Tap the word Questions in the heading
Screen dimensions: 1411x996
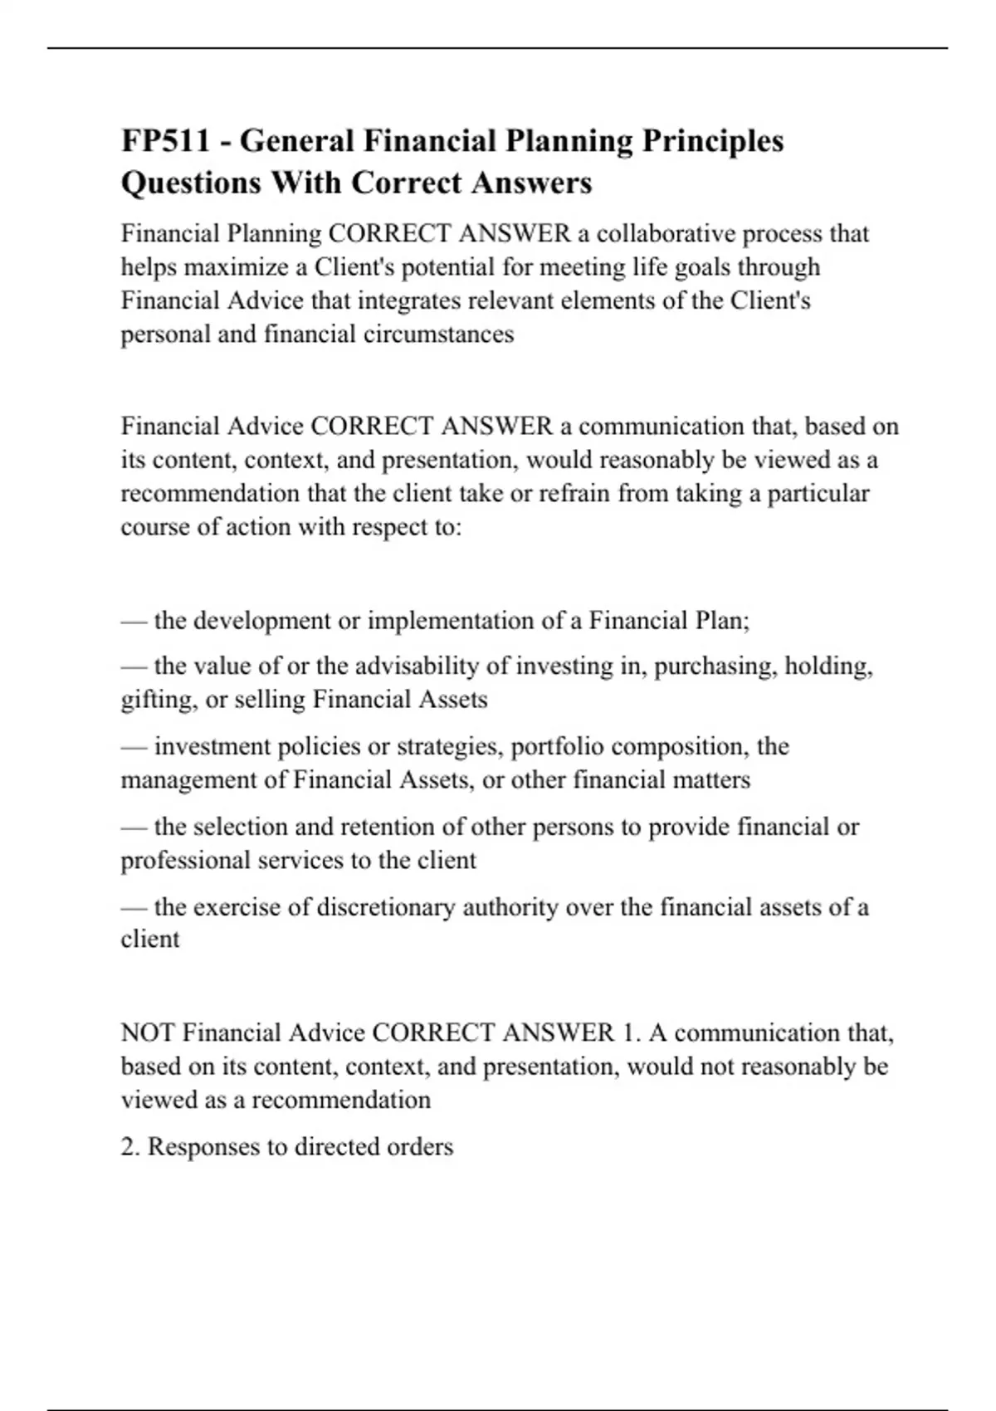point(191,183)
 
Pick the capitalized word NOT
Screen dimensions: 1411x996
point(148,1033)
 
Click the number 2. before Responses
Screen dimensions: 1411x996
point(130,1146)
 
